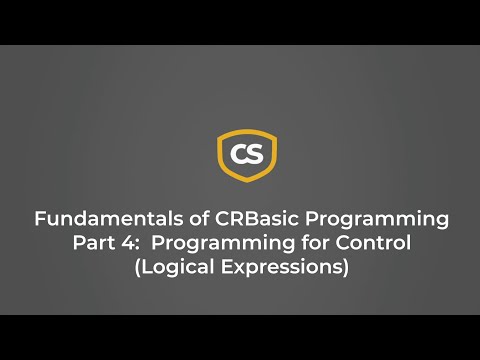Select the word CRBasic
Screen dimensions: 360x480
coord(239,219)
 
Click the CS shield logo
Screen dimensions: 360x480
coord(247,155)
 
